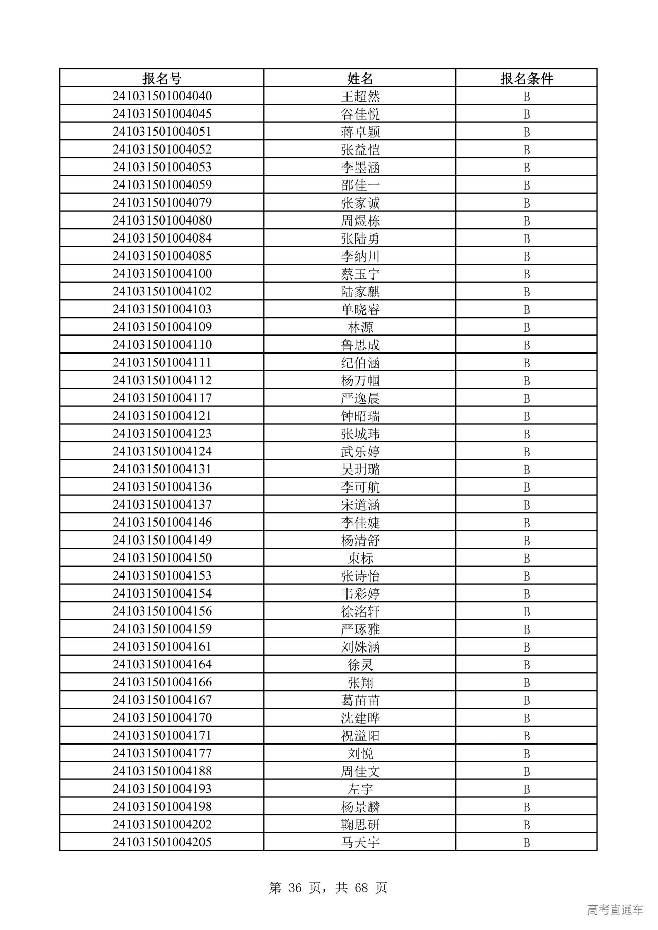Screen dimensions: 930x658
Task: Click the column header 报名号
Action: pos(162,78)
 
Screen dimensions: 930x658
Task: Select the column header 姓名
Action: pos(360,78)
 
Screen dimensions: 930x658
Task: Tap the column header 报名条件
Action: pos(526,78)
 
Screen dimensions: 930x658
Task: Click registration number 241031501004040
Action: pos(162,96)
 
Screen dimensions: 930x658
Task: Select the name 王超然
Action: pos(360,97)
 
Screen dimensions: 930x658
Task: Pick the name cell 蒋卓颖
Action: pos(360,132)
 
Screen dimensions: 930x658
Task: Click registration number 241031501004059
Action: pos(162,184)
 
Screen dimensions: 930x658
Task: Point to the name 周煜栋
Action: pos(360,221)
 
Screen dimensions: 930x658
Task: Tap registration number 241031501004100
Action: pos(162,273)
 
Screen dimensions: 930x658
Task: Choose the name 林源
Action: pos(360,327)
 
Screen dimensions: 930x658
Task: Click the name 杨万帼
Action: pos(360,381)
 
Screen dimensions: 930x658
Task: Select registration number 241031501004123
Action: pos(162,433)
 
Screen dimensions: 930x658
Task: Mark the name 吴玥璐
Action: pos(360,469)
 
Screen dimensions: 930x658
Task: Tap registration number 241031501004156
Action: pos(162,611)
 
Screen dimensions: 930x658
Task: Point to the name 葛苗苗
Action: pos(360,700)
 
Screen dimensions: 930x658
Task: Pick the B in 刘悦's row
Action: pos(526,754)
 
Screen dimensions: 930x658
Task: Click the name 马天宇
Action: pos(360,842)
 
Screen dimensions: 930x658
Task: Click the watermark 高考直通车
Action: pos(615,909)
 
